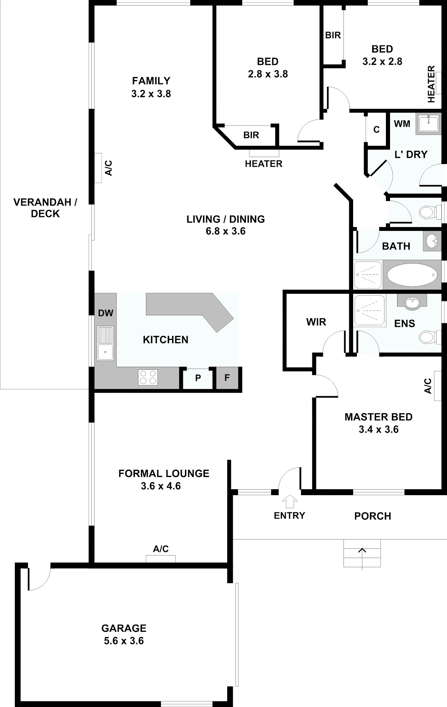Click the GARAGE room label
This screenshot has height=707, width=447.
pyautogui.click(x=124, y=628)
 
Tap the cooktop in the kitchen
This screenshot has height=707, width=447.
pyautogui.click(x=148, y=377)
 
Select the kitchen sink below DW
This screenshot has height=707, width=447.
pyautogui.click(x=105, y=343)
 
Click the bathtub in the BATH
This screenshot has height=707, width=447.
pyautogui.click(x=412, y=276)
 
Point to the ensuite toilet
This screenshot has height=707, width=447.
pyautogui.click(x=429, y=338)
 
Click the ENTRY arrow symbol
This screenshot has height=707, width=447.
pyautogui.click(x=290, y=501)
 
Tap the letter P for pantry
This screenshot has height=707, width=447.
pyautogui.click(x=198, y=378)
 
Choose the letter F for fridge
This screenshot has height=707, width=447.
pyautogui.click(x=227, y=378)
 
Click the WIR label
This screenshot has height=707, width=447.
pyautogui.click(x=316, y=322)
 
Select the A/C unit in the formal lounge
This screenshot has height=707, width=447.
pyautogui.click(x=161, y=558)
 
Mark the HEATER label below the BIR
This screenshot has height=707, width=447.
pyautogui.click(x=264, y=164)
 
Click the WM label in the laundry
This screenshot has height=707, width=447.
pyautogui.click(x=402, y=124)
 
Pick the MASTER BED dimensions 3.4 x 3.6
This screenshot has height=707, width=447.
pyautogui.click(x=378, y=429)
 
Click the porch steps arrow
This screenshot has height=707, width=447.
pyautogui.click(x=362, y=558)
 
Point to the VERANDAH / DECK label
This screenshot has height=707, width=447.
pyautogui.click(x=45, y=208)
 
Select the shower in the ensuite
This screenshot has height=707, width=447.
pyautogui.click(x=370, y=310)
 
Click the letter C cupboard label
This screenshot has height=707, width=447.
pyautogui.click(x=377, y=130)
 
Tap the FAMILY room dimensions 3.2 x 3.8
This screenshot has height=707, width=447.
pyautogui.click(x=151, y=93)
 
